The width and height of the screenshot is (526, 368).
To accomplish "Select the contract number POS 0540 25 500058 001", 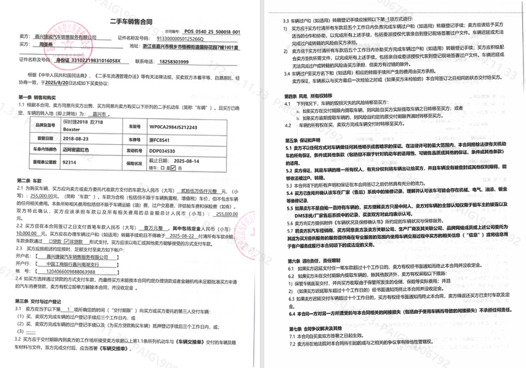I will tap(212, 30).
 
